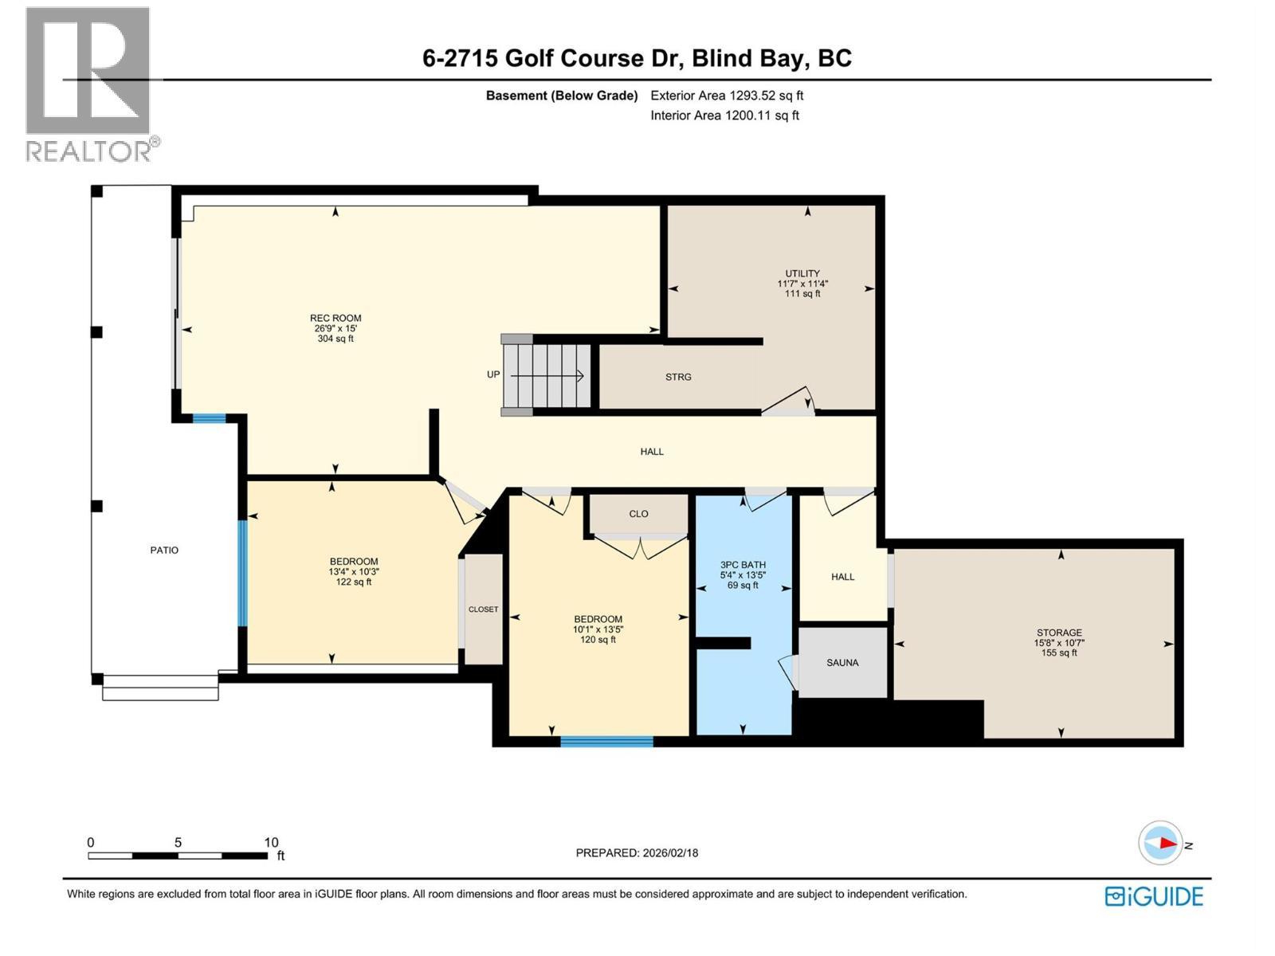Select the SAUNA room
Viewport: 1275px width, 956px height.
pyautogui.click(x=842, y=663)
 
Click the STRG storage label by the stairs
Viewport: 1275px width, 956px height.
pyautogui.click(x=678, y=377)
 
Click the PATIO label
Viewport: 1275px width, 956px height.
pyautogui.click(x=164, y=550)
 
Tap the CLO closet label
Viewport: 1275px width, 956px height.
pyautogui.click(x=638, y=514)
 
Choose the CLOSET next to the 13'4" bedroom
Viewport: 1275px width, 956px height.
pyautogui.click(x=483, y=609)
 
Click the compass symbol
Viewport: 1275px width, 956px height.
pyautogui.click(x=1160, y=843)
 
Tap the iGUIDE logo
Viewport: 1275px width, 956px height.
pyautogui.click(x=1154, y=896)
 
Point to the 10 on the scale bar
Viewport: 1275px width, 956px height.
pyautogui.click(x=271, y=842)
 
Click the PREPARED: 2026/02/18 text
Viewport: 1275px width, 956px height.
pyautogui.click(x=637, y=852)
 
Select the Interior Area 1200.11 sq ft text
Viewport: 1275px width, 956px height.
pyautogui.click(x=724, y=116)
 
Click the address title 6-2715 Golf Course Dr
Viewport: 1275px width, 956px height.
pyautogui.click(x=637, y=58)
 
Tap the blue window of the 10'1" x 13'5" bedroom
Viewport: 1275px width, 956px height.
pyautogui.click(x=606, y=742)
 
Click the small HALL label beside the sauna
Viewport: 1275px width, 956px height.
pyautogui.click(x=842, y=577)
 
